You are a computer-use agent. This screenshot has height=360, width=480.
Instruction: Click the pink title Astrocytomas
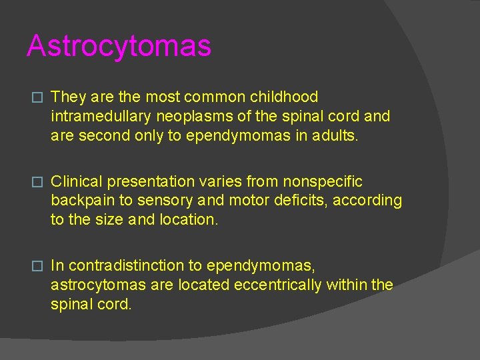pyautogui.click(x=119, y=46)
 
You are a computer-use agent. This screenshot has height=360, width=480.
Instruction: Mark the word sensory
pyautogui.click(x=154, y=201)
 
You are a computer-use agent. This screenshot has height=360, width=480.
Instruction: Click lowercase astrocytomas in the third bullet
pyautogui.click(x=95, y=285)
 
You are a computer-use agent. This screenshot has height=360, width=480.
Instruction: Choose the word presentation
pyautogui.click(x=144, y=181)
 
